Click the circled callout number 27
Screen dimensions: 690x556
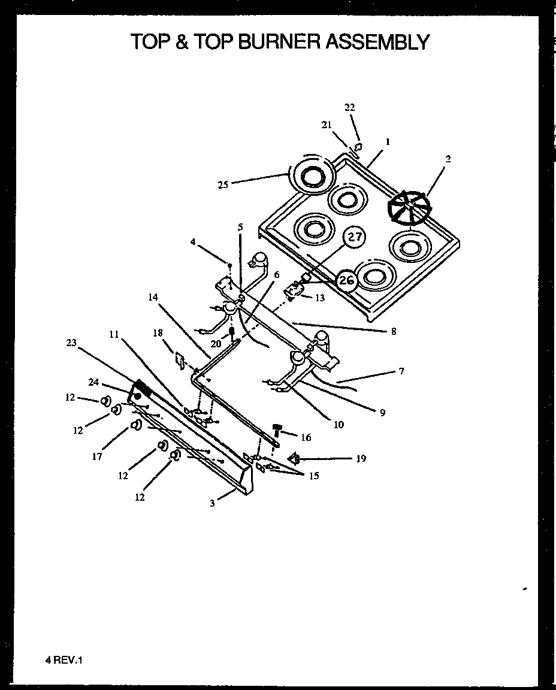click(x=356, y=237)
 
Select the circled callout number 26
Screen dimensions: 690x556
click(x=347, y=280)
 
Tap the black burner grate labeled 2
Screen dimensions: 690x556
click(x=409, y=208)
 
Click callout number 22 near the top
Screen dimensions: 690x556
click(x=350, y=107)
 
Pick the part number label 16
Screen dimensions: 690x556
click(x=306, y=438)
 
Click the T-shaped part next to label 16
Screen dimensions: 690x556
click(x=277, y=429)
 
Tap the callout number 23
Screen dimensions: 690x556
click(x=72, y=343)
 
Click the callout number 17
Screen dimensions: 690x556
click(x=97, y=456)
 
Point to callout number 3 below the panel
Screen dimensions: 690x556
click(x=212, y=504)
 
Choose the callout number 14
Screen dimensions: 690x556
click(x=154, y=296)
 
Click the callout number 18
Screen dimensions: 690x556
click(x=158, y=333)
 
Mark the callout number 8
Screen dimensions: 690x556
click(x=393, y=331)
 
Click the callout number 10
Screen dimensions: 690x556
click(x=339, y=425)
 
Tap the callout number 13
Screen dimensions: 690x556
click(x=320, y=297)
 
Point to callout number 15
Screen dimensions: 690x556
click(x=314, y=476)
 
